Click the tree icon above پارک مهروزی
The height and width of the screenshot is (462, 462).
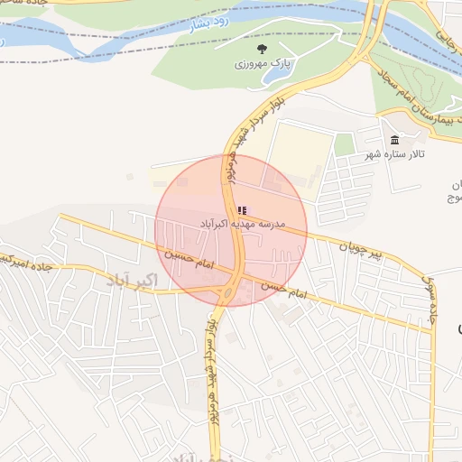tap(262, 49)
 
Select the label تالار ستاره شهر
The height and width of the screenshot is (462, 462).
tap(394, 155)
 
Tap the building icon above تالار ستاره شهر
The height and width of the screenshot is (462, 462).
tap(394, 140)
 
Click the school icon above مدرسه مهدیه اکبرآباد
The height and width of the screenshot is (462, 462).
tap(241, 210)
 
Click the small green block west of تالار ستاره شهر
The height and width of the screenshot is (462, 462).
tap(344, 144)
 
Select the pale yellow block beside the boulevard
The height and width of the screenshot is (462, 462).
tap(298, 158)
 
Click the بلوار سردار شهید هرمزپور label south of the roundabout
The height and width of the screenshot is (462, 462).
tap(211, 370)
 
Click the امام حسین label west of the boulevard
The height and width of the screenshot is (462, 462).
tap(188, 262)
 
